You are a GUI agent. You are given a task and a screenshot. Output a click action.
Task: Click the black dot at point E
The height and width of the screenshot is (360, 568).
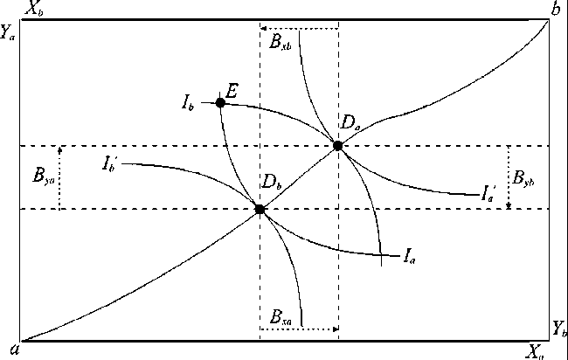(220, 102)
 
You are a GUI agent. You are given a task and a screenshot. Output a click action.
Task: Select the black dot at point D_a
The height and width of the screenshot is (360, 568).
(338, 146)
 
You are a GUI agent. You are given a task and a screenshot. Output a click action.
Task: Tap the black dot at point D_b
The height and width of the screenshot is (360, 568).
(260, 209)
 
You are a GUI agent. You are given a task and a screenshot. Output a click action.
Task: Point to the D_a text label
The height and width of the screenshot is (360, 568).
(351, 126)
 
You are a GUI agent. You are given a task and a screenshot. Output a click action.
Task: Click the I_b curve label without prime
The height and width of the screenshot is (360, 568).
(188, 104)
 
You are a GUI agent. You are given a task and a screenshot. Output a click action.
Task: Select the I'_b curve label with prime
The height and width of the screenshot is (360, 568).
(110, 163)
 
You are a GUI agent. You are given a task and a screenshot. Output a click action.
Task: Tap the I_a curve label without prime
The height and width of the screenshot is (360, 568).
(408, 256)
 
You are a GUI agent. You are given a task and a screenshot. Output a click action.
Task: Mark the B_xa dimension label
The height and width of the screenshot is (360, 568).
(281, 315)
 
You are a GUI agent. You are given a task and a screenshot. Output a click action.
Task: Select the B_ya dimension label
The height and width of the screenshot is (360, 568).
(40, 177)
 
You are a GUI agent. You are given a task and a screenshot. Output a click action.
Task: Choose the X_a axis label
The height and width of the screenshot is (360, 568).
(536, 351)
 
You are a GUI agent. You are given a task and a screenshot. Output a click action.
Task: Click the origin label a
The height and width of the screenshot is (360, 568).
(11, 350)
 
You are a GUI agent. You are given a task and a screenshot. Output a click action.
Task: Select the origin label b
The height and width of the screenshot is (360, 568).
(555, 10)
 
